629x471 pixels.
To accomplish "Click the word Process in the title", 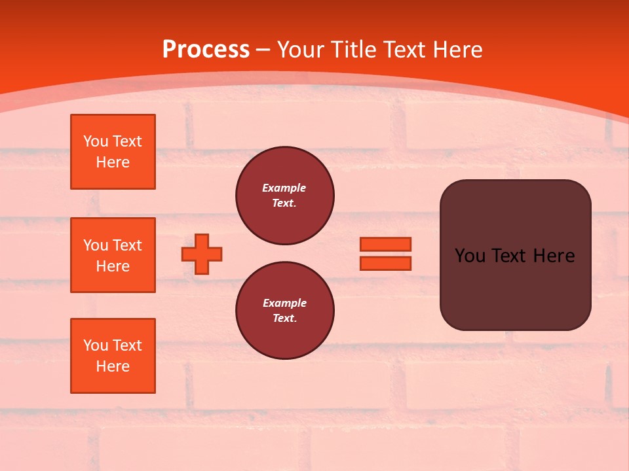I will [x=206, y=49].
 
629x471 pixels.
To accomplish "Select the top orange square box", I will [x=113, y=152].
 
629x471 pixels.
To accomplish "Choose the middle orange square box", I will [x=113, y=255].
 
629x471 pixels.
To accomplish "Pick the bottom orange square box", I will [x=113, y=356].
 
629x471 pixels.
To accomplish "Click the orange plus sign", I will [x=202, y=254].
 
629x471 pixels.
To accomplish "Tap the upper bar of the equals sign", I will [x=385, y=244].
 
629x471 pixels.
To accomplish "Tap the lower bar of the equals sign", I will [x=385, y=263].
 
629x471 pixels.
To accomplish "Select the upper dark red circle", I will [x=284, y=196].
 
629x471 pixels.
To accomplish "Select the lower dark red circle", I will [x=284, y=311].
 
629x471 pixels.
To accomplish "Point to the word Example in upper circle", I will [x=284, y=188].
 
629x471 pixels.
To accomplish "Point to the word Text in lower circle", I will [x=284, y=318].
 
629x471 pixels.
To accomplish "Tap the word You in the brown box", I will [x=470, y=256].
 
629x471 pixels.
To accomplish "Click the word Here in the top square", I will [x=113, y=162].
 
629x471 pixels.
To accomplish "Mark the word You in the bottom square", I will [x=96, y=345].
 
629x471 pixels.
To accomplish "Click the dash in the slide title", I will [x=263, y=50].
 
